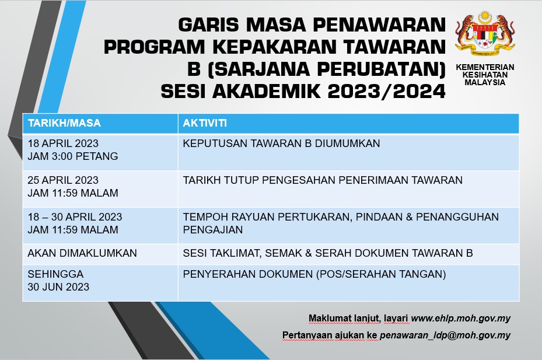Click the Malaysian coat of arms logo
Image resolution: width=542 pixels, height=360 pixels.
[485, 33]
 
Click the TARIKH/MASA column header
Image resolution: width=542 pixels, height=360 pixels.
[64, 123]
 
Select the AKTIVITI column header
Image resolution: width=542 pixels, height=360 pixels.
[205, 123]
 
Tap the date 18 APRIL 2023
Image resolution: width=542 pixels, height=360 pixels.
[63, 143]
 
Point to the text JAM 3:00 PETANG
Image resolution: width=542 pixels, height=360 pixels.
[73, 156]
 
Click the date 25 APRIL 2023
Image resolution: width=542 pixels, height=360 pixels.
[63, 180]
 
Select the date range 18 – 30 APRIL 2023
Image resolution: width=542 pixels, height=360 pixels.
[75, 217]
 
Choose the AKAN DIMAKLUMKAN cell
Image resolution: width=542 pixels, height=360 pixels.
[82, 253]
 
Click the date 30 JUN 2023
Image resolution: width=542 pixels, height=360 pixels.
[58, 286]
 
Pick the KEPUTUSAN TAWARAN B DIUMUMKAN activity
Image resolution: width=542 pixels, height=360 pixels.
[281, 143]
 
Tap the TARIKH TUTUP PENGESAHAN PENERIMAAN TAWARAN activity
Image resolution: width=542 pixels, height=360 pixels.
[323, 180]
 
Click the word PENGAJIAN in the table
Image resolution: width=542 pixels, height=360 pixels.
[213, 230]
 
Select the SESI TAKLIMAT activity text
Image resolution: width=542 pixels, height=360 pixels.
[221, 253]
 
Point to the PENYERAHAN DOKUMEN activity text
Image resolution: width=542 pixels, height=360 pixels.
[248, 274]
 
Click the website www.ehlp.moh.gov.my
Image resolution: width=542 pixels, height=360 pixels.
[461, 319]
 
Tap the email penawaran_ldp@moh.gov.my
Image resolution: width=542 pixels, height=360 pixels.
[445, 335]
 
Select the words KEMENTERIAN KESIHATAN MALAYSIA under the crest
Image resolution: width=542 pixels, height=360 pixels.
[485, 75]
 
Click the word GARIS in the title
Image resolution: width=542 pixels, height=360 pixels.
[208, 25]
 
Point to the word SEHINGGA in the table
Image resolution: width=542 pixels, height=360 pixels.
[55, 274]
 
